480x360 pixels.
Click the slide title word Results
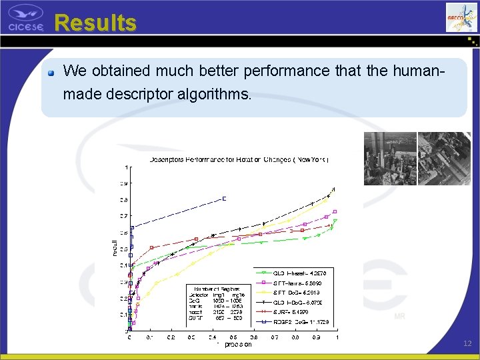point(95,23)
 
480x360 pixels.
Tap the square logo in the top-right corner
point(461,17)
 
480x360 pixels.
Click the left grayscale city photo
point(389,158)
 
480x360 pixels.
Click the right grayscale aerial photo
point(443,158)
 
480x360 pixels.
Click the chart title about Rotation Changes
point(239,159)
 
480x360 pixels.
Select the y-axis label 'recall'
point(114,247)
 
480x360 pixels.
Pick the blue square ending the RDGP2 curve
point(224,198)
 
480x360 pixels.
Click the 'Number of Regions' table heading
point(208,289)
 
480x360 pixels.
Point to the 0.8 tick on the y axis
point(124,200)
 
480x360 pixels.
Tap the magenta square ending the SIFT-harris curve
point(335,211)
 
